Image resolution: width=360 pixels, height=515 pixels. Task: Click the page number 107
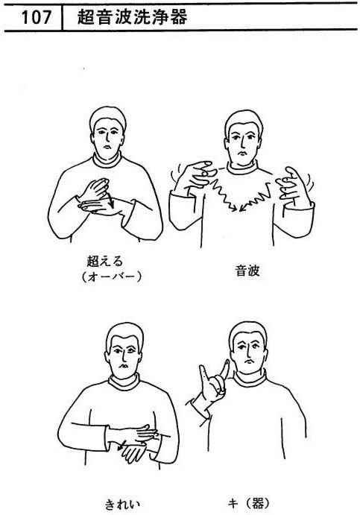pos(36,17)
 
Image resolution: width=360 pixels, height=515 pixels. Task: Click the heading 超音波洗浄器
pos(133,16)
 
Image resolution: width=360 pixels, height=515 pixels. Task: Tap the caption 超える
pos(105,261)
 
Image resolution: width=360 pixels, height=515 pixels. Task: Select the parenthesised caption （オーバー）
pos(111,277)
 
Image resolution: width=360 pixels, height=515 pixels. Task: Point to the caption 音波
pos(247,271)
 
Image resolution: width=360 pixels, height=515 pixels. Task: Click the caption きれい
pos(122,504)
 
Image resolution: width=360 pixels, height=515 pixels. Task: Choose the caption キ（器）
pos(250,503)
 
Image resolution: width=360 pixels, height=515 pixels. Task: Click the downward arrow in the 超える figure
pos(110,200)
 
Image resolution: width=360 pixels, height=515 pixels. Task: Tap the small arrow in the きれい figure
pos(121,445)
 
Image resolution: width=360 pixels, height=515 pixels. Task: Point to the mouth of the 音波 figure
pos(242,154)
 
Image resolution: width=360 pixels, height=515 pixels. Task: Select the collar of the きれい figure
pos(124,382)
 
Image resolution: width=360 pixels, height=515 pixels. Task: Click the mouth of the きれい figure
pos(123,365)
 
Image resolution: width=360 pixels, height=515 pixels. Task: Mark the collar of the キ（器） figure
pos(250,378)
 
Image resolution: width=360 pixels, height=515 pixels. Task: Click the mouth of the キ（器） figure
pos(249,361)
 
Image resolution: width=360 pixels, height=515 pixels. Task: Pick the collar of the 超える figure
pos(107,160)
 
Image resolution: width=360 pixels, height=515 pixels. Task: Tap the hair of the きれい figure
pos(124,335)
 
